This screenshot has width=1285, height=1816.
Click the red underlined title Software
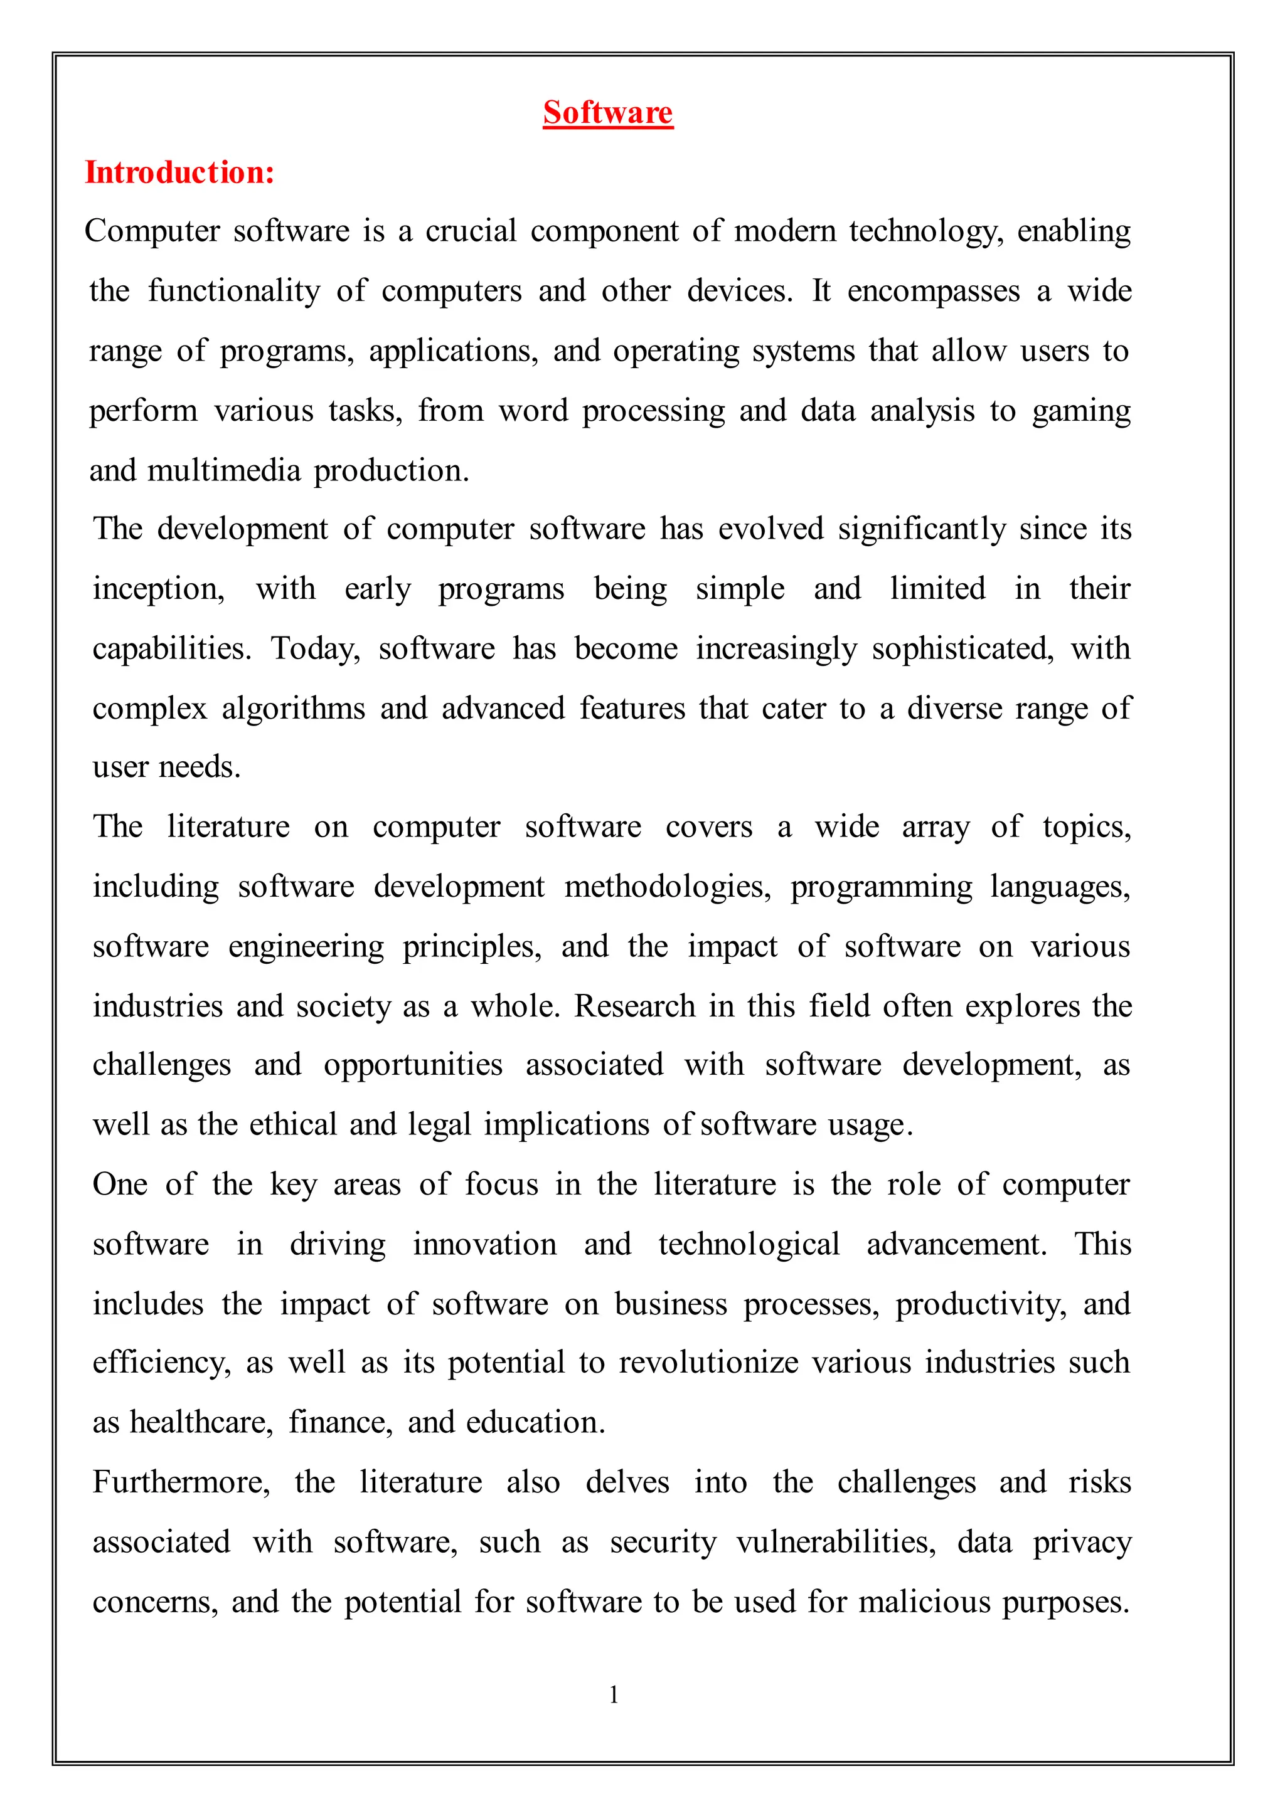[x=608, y=112]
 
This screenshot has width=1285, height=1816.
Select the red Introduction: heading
[x=179, y=172]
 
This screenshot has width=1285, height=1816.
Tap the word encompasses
[x=934, y=291]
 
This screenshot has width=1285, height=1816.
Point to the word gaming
[x=1081, y=411]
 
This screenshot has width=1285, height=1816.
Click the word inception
[x=158, y=589]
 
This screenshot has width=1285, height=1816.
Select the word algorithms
[x=293, y=708]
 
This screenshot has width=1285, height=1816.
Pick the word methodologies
[x=667, y=887]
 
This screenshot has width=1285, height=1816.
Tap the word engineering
[x=306, y=947]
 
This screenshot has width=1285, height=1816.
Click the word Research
[x=634, y=1006]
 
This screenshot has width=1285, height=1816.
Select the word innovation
[x=484, y=1244]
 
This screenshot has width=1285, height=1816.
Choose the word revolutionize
[x=708, y=1363]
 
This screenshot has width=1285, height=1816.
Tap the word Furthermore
[x=181, y=1482]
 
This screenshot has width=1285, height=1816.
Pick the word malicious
[x=924, y=1602]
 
